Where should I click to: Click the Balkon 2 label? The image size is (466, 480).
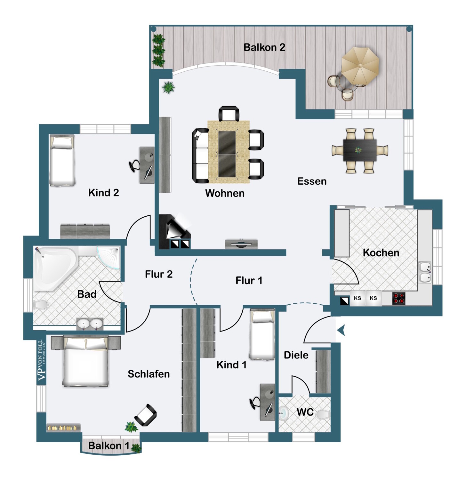click(x=264, y=47)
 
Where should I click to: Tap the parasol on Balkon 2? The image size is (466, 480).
click(x=360, y=66)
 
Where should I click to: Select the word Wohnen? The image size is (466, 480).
click(x=225, y=193)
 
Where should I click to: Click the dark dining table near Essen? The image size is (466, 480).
click(x=360, y=150)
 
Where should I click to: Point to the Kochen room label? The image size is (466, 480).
click(x=381, y=253)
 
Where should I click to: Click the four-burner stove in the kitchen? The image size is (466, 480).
click(x=399, y=298)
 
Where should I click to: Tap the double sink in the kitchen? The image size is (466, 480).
click(x=425, y=272)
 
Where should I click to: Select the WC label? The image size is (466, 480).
click(x=305, y=412)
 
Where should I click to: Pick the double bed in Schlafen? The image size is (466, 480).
click(x=85, y=361)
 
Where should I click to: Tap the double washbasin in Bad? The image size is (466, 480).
click(x=90, y=324)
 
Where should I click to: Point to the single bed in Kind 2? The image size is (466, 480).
click(x=62, y=160)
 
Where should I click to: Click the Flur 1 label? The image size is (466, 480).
click(x=249, y=281)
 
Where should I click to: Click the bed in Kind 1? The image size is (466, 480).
click(x=262, y=334)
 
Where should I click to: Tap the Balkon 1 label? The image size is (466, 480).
click(x=108, y=445)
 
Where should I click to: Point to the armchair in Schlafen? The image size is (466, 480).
click(x=146, y=415)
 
